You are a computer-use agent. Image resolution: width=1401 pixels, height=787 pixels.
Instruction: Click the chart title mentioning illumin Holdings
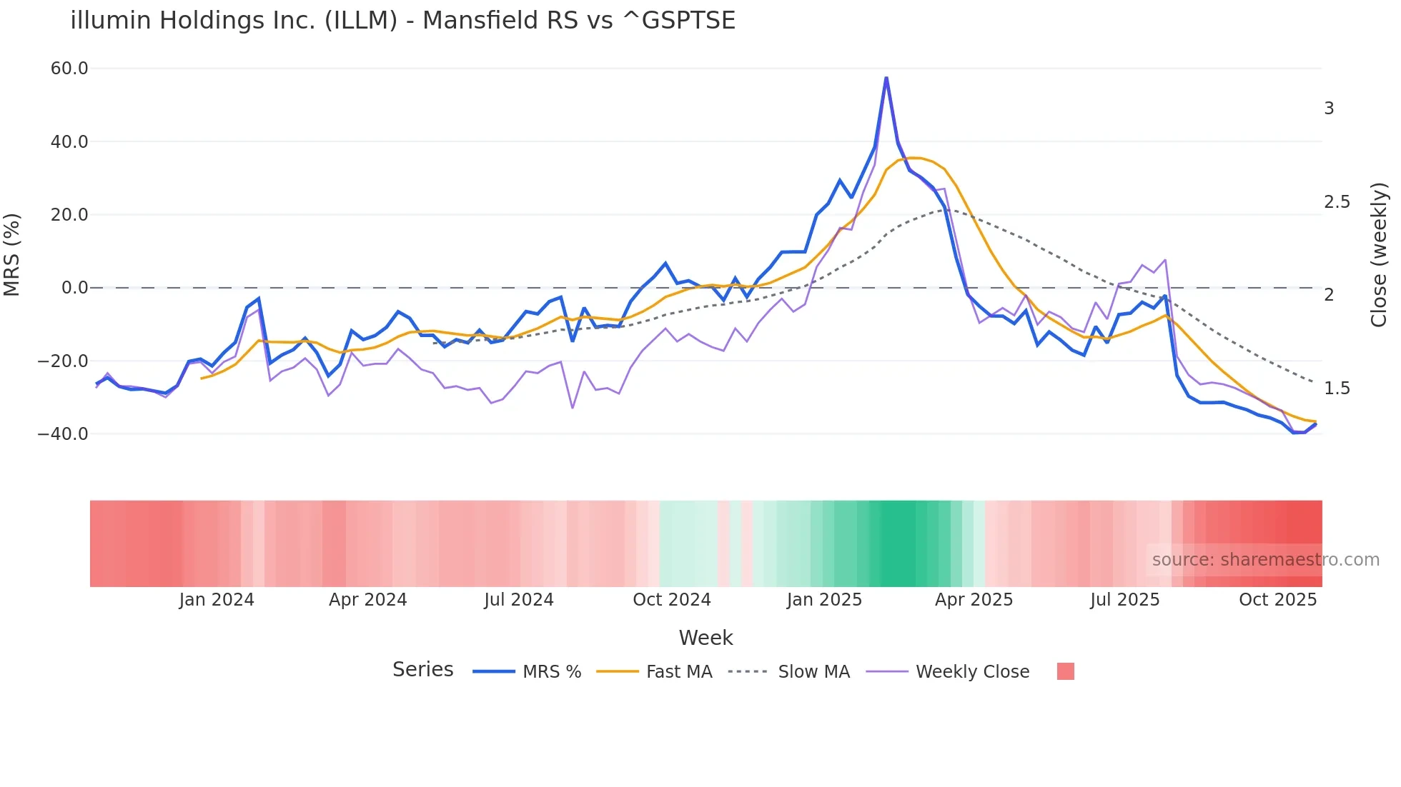pyautogui.click(x=402, y=20)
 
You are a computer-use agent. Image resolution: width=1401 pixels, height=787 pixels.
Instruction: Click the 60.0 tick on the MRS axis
pyautogui.click(x=69, y=69)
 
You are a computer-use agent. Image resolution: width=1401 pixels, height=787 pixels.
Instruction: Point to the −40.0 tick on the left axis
pyautogui.click(x=63, y=434)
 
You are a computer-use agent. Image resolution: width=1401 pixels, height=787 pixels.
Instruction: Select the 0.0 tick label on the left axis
pyautogui.click(x=74, y=288)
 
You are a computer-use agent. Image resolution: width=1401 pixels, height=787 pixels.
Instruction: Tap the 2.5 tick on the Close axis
pyautogui.click(x=1337, y=202)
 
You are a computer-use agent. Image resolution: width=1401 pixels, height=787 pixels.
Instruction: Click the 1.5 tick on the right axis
pyautogui.click(x=1337, y=389)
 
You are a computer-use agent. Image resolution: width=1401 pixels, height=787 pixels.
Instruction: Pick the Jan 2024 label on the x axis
pyautogui.click(x=217, y=600)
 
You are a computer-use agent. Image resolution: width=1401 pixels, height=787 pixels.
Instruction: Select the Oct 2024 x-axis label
pyautogui.click(x=672, y=600)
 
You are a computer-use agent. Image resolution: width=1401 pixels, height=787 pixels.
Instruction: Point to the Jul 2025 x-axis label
pyautogui.click(x=1124, y=600)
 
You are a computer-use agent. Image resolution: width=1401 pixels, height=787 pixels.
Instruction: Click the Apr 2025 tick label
pyautogui.click(x=974, y=600)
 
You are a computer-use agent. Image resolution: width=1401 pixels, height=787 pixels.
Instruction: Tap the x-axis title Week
pyautogui.click(x=706, y=638)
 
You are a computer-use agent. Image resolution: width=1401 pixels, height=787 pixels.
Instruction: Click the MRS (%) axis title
pyautogui.click(x=12, y=254)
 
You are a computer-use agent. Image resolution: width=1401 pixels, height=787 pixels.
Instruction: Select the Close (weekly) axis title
pyautogui.click(x=1379, y=254)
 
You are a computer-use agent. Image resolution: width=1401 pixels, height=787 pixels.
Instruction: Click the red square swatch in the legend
pyautogui.click(x=1065, y=671)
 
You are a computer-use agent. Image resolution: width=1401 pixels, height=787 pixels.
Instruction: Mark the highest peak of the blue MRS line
pyautogui.click(x=886, y=78)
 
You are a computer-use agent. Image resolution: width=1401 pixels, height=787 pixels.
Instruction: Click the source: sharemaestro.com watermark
pyautogui.click(x=1265, y=560)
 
